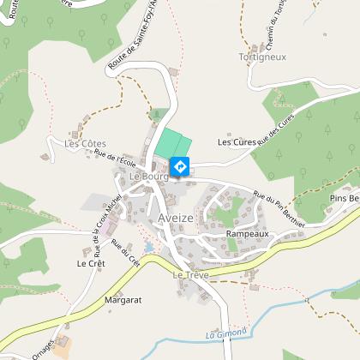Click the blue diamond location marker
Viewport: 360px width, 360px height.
pos(180,165)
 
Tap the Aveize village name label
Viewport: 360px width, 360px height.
pos(176,218)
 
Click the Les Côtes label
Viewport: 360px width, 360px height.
pos(85,143)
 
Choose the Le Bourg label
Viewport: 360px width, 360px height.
pos(146,176)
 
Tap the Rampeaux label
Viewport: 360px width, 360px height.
pos(248,233)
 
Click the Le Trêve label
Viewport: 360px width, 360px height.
pos(190,275)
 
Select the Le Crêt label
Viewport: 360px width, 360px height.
pos(90,264)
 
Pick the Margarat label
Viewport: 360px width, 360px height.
pos(122,301)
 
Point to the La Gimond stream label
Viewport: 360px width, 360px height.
pos(226,332)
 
